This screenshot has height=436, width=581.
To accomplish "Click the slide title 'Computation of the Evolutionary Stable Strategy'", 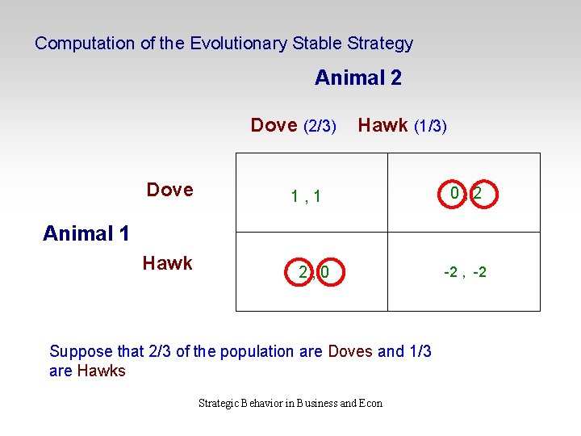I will point(224,44).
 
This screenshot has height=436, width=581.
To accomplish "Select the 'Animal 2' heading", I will point(357,78).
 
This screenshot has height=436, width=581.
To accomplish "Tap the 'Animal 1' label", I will point(86,233).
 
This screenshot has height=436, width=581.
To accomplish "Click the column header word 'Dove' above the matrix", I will point(274,125).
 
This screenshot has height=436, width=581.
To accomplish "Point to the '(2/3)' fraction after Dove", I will point(320,126).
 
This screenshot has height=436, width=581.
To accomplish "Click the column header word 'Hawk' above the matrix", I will point(382,125).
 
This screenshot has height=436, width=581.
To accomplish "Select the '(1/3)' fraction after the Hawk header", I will point(430,126).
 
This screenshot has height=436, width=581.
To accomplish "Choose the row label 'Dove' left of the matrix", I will point(169,190).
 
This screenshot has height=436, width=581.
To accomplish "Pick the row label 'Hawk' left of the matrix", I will point(167,263).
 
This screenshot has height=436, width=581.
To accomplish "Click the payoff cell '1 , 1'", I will point(306,195).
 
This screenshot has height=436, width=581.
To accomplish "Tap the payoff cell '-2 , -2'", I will point(465,273).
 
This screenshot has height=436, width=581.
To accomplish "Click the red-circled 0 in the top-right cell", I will point(455,194).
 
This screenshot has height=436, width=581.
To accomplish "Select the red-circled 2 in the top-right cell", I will point(479,195).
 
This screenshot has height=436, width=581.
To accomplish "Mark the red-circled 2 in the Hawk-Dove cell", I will point(303,273).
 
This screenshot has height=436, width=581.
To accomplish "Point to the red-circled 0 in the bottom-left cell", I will point(324,273).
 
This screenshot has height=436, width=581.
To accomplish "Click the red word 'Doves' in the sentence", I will point(350,351).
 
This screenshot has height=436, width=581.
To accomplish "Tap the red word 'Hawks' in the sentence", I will point(101,371).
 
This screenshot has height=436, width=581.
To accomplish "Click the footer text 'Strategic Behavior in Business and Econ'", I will point(290,403).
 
